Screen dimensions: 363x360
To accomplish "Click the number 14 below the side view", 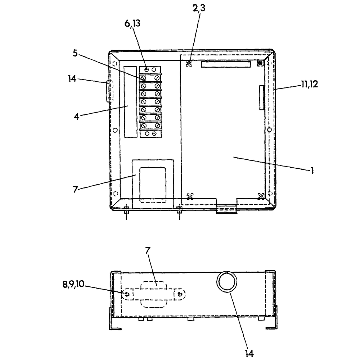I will tap(249, 353).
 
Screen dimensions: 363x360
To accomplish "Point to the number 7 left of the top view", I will tap(75, 189).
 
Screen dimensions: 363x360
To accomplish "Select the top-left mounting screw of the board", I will tap(189, 64).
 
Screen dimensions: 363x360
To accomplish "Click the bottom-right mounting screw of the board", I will tap(261, 196).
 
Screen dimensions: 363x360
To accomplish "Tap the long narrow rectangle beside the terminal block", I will tap(130, 101).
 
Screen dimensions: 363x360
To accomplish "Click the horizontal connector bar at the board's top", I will tap(225, 64).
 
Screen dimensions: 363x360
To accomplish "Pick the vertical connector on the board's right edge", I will tap(261, 97).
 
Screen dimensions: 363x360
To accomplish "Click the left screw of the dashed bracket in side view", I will tap(128, 294).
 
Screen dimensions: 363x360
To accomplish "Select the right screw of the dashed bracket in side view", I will tap(180, 294).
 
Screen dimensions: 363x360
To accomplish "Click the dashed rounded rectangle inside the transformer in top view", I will tap(153, 185).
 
